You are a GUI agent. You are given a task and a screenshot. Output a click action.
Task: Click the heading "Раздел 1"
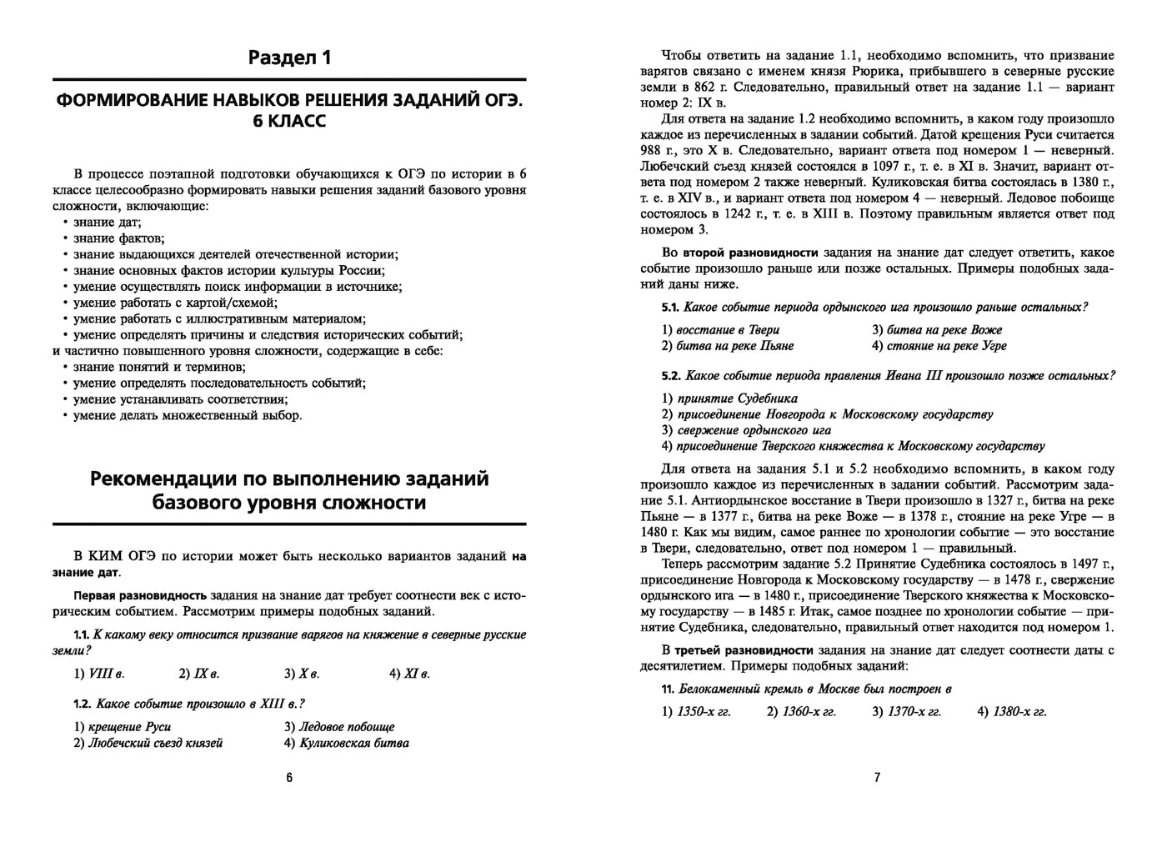pyautogui.click(x=289, y=58)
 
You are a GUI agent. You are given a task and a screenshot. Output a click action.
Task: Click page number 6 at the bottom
pyautogui.click(x=289, y=778)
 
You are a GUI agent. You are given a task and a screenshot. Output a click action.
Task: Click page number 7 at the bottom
pyautogui.click(x=877, y=778)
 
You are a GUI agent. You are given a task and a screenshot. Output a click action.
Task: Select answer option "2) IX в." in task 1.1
pyautogui.click(x=199, y=674)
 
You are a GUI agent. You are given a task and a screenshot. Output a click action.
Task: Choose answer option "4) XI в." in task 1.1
pyautogui.click(x=409, y=674)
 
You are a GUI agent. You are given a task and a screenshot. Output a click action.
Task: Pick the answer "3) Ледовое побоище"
pyautogui.click(x=339, y=727)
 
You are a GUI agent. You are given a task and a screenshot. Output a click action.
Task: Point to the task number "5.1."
pyautogui.click(x=670, y=307)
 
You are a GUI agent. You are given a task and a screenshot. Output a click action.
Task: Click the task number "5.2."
pyautogui.click(x=670, y=376)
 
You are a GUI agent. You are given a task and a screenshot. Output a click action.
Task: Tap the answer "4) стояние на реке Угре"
pyautogui.click(x=939, y=346)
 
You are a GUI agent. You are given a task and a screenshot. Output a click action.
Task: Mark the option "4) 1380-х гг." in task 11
pyautogui.click(x=1012, y=712)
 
